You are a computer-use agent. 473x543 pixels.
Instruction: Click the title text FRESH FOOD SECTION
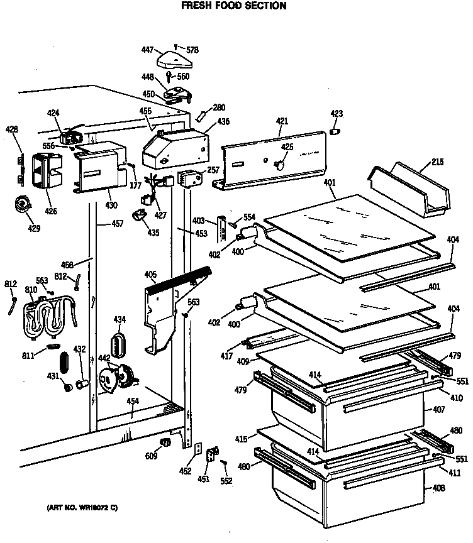coord(225,6)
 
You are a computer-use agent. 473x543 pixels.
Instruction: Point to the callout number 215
coord(437,162)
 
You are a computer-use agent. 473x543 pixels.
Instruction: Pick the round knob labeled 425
coord(280,164)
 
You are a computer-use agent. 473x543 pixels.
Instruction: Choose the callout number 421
coord(282,121)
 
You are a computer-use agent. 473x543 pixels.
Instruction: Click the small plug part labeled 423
coord(336,131)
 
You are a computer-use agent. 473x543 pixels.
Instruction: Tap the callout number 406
coord(150,274)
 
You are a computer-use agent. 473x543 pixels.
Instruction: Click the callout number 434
coord(120,320)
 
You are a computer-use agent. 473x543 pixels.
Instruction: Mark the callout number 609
coord(152,456)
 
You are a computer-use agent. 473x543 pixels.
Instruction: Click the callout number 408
coord(439,488)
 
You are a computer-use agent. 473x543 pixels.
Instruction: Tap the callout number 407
coord(439,410)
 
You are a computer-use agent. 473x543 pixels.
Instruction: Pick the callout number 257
coord(213,170)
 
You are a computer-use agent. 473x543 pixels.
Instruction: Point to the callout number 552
coord(226,481)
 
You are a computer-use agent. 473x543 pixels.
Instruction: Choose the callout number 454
coord(132,400)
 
